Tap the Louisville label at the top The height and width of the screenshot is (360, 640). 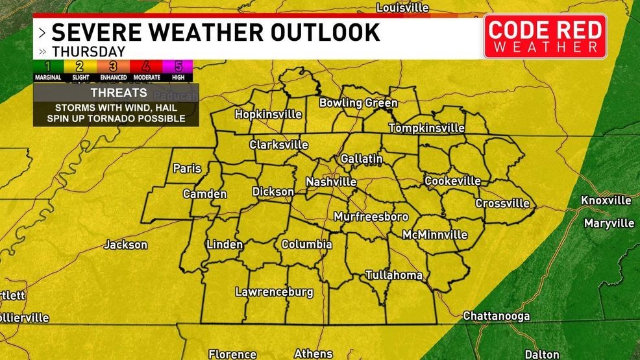point(402,8)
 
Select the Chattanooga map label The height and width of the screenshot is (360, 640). point(496,316)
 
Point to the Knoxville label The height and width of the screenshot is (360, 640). point(606,200)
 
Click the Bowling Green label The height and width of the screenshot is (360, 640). point(358,103)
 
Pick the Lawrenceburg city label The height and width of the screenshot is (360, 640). point(274,292)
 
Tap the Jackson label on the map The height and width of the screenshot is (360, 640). point(126,245)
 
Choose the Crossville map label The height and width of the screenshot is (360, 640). point(502,203)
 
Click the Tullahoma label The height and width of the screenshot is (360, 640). point(393,275)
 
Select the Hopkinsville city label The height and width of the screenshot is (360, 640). point(268,114)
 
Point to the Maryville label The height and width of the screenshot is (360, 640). point(609,223)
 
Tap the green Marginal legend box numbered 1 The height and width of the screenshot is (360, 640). point(48,66)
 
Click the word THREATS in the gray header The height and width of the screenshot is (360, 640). point(116,93)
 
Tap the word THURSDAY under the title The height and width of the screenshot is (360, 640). point(88,51)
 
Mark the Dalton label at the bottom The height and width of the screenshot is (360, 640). point(541,354)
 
